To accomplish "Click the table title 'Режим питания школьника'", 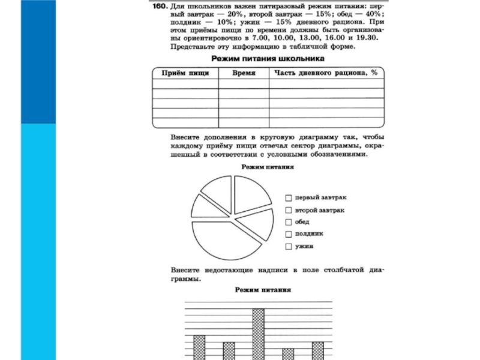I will pos(268,59).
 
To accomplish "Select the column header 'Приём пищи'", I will pos(184,73).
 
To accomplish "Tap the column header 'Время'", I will pos(244,73).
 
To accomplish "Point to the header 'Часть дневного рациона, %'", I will pos(326,73).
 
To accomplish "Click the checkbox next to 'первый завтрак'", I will pos(289,197).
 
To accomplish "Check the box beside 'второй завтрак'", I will pos(289,211).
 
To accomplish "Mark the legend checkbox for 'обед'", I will pos(289,222).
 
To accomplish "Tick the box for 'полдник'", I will pos(289,234).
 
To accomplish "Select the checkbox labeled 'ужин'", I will pos(289,246).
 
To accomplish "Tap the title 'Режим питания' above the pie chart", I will pos(267,167).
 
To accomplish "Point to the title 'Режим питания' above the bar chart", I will pos(263,289).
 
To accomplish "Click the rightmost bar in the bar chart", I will pos(317,350).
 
